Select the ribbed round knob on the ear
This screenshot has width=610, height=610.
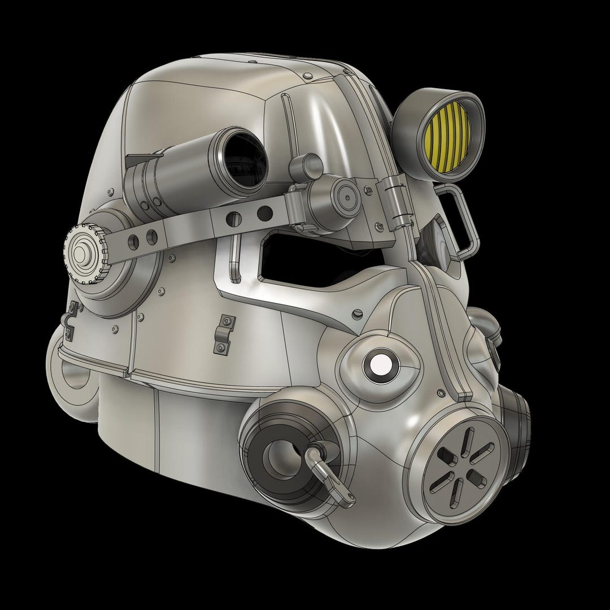[x=85, y=254]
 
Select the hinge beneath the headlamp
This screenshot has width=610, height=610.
[x=399, y=203]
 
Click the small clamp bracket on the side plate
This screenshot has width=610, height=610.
[x=224, y=334]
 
